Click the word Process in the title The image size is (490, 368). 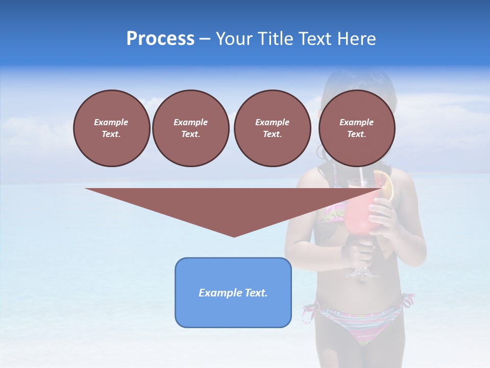point(160,39)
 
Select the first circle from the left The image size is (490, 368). point(111,128)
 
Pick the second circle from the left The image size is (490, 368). point(190,128)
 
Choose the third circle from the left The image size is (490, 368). point(272,128)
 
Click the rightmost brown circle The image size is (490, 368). point(356,128)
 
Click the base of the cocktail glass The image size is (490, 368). point(363,273)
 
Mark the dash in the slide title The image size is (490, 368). point(205,39)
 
